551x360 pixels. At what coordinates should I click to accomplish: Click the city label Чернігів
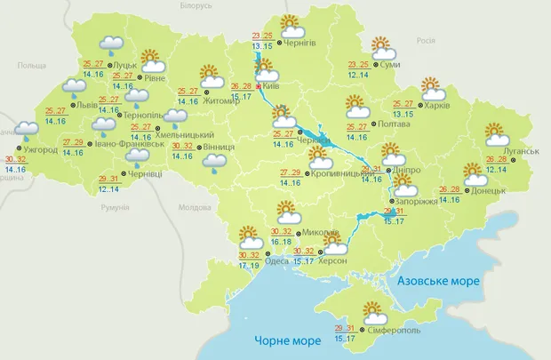point(303,42)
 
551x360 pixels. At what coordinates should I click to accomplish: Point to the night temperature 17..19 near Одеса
point(250,265)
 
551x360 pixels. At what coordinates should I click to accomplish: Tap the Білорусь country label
point(196,5)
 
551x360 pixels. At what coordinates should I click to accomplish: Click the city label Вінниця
point(217,146)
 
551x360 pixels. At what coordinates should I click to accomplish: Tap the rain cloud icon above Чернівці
point(137,157)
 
